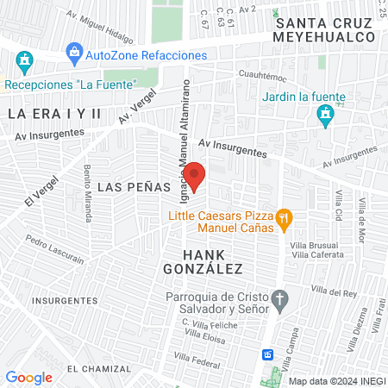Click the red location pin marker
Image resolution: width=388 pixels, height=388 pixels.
tap(195, 176)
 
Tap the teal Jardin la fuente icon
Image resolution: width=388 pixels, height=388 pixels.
tap(324, 114)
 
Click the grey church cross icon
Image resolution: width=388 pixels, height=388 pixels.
tap(279, 301)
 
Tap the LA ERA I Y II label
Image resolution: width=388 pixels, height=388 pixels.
tap(54, 114)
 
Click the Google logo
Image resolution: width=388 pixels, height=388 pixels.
tap(28, 377)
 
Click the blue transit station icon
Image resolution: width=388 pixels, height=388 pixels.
tap(268, 354)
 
